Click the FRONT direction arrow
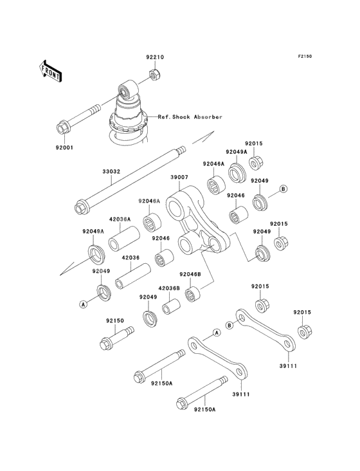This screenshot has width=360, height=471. click(50, 71)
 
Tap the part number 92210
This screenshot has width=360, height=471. click(155, 57)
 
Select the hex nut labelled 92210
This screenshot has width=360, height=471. click(155, 74)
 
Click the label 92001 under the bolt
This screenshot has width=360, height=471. click(64, 148)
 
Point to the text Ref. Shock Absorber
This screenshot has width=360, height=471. click(190, 117)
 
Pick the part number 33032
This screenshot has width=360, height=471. click(111, 172)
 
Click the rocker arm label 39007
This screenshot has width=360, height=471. click(179, 177)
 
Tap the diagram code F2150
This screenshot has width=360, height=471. click(305, 56)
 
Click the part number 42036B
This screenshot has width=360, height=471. click(169, 288)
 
